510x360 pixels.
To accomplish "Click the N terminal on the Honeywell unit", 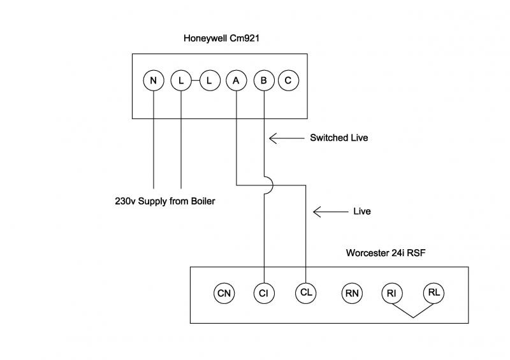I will (154, 81).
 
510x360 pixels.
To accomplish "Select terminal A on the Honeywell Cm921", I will (237, 81).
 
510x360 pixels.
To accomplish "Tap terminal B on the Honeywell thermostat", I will (263, 81).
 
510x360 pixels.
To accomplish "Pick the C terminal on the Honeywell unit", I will (288, 81).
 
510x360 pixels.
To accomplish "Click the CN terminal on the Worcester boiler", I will (224, 293).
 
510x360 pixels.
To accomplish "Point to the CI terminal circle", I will (263, 293).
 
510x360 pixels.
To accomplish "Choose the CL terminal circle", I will (305, 293).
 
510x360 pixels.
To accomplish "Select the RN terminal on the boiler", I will (351, 293).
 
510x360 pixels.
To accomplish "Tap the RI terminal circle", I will (391, 293).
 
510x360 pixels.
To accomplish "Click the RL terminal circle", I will (434, 293).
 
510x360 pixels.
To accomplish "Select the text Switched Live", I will (339, 138).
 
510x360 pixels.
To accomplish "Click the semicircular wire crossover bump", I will (268, 185).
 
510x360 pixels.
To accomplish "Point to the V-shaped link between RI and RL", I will (412, 312).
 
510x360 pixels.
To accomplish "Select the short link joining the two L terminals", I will (195, 81).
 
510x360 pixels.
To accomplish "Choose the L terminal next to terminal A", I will (209, 81).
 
